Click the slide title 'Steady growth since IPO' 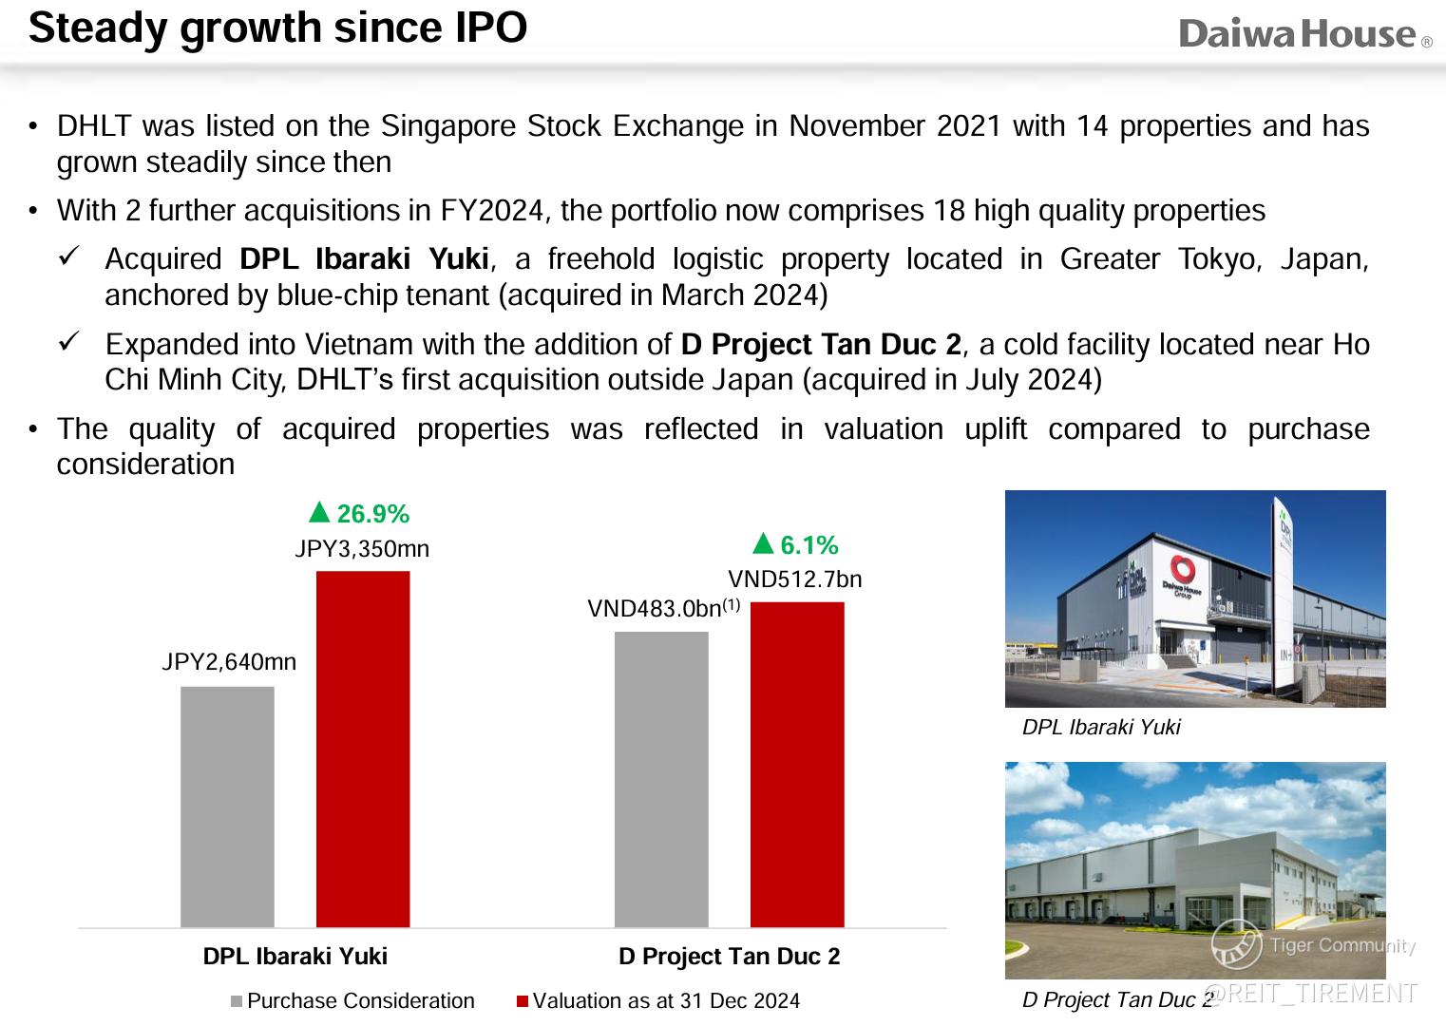[x=277, y=28]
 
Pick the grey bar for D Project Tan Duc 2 [x=661, y=779]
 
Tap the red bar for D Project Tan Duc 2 [x=797, y=764]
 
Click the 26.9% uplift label [x=371, y=514]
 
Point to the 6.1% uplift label [x=809, y=545]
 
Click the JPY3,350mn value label [x=362, y=549]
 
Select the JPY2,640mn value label [x=229, y=662]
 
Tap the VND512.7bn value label [x=795, y=579]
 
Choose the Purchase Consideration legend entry [x=352, y=1001]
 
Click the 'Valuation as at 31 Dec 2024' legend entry [x=658, y=1001]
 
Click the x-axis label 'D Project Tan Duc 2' [x=729, y=957]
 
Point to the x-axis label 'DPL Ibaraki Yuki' [x=295, y=957]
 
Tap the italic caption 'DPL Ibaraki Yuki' [x=1100, y=728]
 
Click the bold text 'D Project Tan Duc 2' [x=821, y=344]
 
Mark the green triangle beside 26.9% [x=319, y=513]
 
